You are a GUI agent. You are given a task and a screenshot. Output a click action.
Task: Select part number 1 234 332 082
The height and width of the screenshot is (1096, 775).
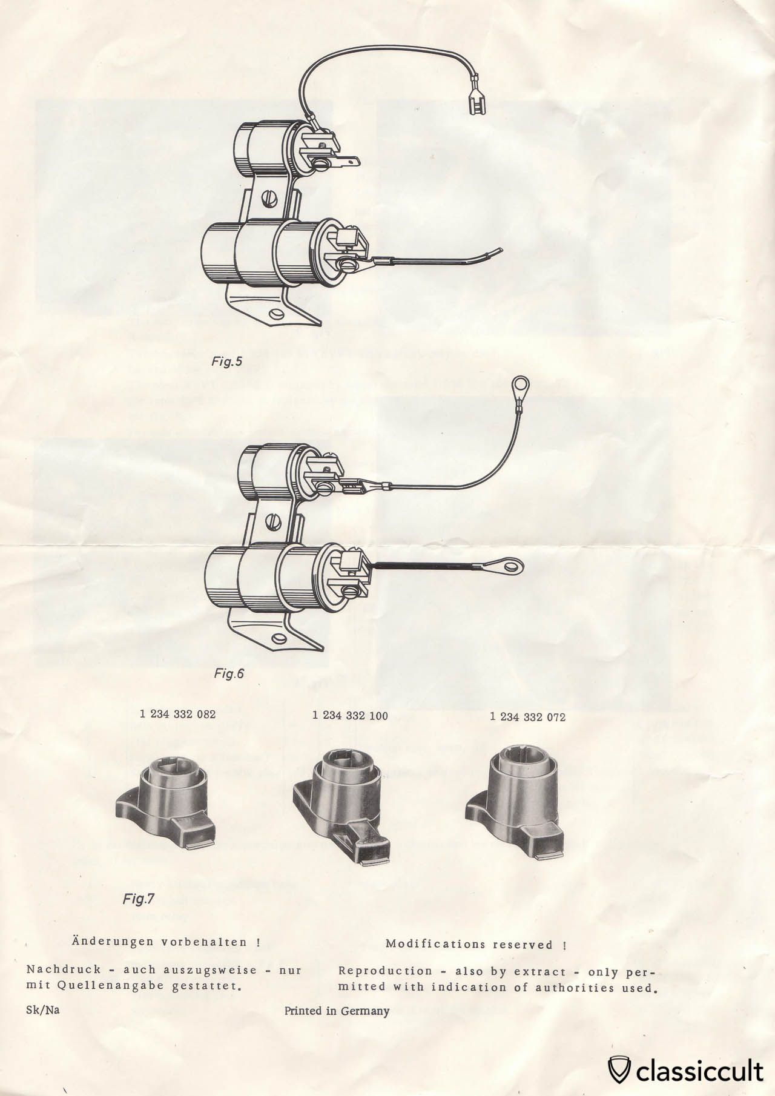coord(177,714)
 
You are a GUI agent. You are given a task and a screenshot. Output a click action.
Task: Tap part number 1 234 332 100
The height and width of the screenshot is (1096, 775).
coord(350,715)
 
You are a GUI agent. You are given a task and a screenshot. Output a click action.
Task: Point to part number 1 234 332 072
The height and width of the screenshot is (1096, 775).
coord(527,717)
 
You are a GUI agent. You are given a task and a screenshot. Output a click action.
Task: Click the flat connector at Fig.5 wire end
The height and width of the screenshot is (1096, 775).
coord(477,104)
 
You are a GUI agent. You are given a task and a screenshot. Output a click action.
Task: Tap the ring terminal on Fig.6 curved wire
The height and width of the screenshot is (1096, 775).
coord(518,385)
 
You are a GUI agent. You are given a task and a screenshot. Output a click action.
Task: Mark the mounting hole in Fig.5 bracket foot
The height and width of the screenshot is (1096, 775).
coord(278,314)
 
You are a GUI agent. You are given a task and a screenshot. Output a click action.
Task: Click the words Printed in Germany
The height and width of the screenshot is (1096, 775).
coord(337,1011)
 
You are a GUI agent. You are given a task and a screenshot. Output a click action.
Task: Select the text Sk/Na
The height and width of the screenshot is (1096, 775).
coord(43,1010)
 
